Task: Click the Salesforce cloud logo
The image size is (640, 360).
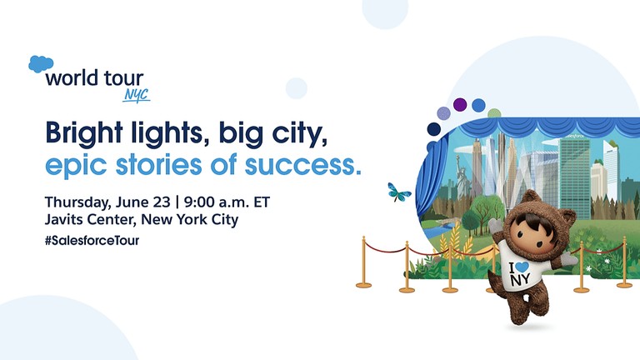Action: pyautogui.click(x=41, y=64)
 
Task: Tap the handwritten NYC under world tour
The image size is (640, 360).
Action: pyautogui.click(x=136, y=94)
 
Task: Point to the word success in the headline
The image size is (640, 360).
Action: pyautogui.click(x=314, y=164)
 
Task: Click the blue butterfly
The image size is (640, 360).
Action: pyautogui.click(x=399, y=192)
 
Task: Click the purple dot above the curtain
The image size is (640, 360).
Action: pyautogui.click(x=460, y=105)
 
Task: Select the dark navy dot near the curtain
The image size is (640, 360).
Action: pyautogui.click(x=433, y=129)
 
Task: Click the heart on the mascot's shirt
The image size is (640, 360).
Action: pyautogui.click(x=520, y=267)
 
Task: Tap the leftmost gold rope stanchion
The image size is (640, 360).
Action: pyautogui.click(x=363, y=262)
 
